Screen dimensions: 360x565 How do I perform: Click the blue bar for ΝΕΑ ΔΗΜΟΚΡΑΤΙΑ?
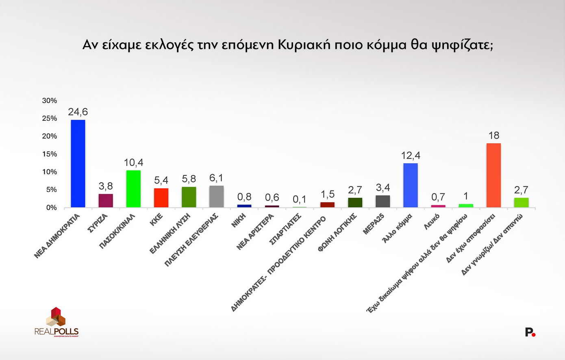click(x=78, y=164)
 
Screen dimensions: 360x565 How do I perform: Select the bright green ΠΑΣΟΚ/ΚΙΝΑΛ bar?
click(x=133, y=189)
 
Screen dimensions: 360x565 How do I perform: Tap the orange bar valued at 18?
click(x=493, y=175)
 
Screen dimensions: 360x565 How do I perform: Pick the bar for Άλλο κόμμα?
click(x=410, y=185)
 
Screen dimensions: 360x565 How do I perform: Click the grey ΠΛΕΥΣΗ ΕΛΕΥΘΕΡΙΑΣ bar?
click(x=216, y=196)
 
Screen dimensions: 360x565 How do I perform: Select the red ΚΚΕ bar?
click(x=161, y=198)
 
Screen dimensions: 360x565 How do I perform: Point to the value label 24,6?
click(x=78, y=112)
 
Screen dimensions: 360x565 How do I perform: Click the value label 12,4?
click(x=410, y=155)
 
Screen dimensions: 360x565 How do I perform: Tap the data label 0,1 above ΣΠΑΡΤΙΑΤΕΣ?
click(x=300, y=199)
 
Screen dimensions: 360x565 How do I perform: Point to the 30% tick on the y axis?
click(x=50, y=100)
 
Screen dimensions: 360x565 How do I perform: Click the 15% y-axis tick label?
click(x=50, y=154)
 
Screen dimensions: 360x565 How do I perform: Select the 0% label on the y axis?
click(x=51, y=207)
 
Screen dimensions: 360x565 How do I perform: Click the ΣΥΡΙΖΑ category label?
click(x=98, y=223)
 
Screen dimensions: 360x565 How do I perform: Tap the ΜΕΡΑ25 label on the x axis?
click(x=374, y=224)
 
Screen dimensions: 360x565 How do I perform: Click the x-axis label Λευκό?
click(x=432, y=221)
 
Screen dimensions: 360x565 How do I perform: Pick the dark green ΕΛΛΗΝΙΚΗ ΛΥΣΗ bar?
click(x=189, y=197)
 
